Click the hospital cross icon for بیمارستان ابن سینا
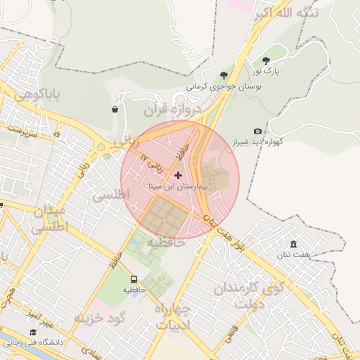pos(177,174)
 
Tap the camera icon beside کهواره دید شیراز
pos(257,131)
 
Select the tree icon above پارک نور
pos(266,60)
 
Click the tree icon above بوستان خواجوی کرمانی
pos(224,75)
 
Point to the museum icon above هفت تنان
pos(293,244)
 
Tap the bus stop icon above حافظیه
pos(134,278)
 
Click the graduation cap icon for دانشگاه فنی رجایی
pos(32,332)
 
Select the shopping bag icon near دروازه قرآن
pos(115,109)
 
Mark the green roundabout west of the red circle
pos(102,148)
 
